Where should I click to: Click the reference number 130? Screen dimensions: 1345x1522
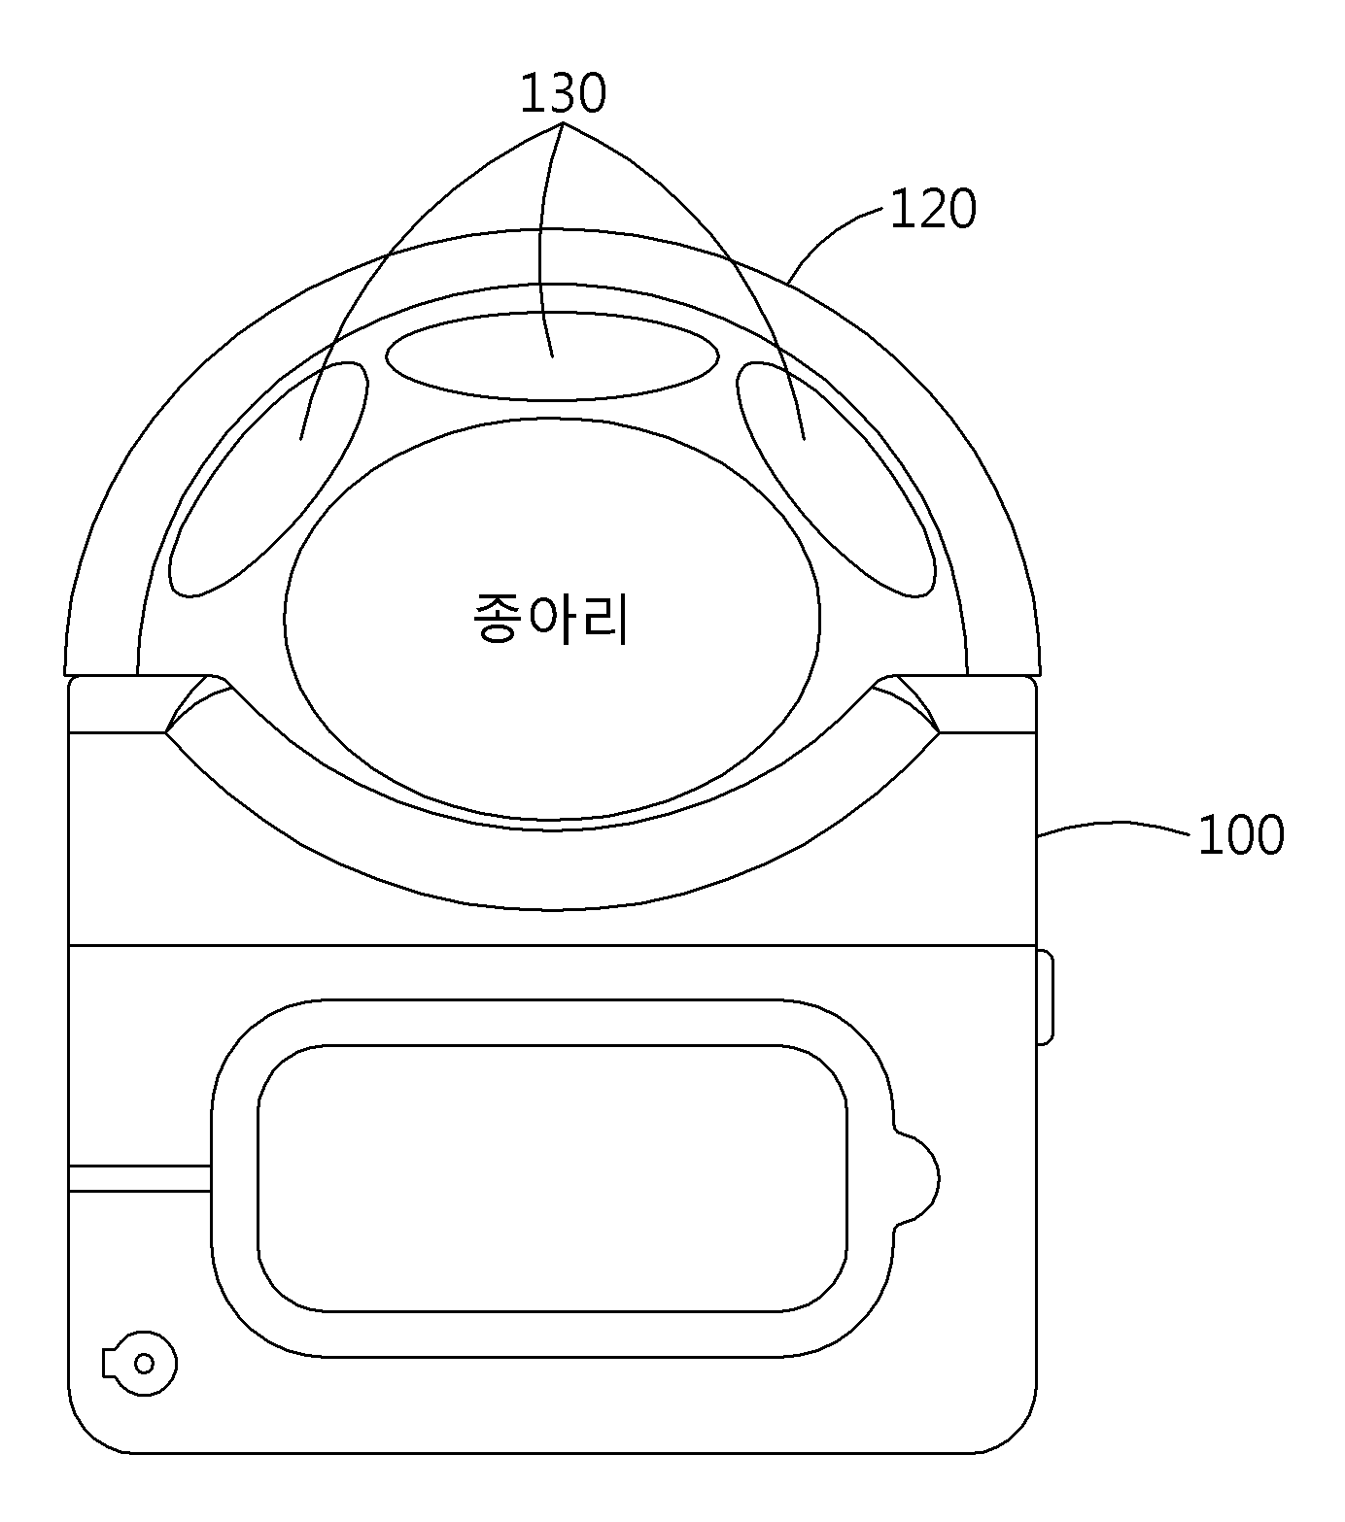pyautogui.click(x=563, y=94)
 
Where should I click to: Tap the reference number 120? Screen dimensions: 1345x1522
pyautogui.click(x=933, y=209)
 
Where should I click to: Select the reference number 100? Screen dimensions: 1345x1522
pyautogui.click(x=1241, y=835)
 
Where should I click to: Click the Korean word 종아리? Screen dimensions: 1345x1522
pyautogui.click(x=550, y=620)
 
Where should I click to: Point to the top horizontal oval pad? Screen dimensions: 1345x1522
pyautogui.click(x=552, y=355)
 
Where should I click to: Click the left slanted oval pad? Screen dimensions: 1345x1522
pyautogui.click(x=269, y=478)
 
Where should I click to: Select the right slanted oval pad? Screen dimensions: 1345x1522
pyautogui.click(x=836, y=478)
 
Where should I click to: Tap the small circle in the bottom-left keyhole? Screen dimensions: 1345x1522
pyautogui.click(x=144, y=1364)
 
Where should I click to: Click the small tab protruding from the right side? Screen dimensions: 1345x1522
pyautogui.click(x=1045, y=998)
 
